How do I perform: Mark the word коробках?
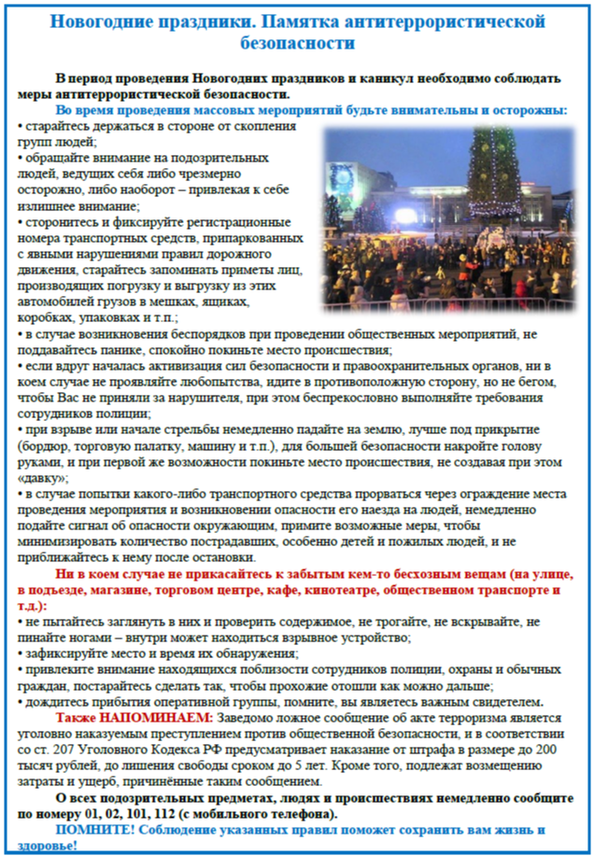[x=45, y=318]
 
